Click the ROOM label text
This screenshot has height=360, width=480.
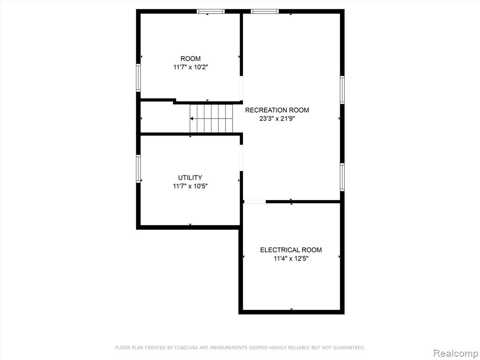[x=190, y=59]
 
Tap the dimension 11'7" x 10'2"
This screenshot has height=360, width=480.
[x=191, y=67]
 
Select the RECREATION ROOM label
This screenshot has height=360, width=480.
[x=277, y=110]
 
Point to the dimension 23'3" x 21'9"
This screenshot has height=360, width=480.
[x=277, y=119]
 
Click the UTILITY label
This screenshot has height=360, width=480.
[x=190, y=178]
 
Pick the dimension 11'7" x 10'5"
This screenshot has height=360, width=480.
[x=190, y=186]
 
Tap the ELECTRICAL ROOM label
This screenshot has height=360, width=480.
[x=291, y=250]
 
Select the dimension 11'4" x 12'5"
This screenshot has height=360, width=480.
[x=291, y=258]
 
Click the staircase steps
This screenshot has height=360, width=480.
[x=211, y=119]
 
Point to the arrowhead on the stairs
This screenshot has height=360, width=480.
[x=192, y=119]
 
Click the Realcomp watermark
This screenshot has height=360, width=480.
[x=455, y=353]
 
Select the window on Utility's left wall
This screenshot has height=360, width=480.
[x=138, y=169]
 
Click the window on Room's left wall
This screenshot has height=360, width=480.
[x=138, y=78]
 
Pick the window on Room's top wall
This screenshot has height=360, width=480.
[x=210, y=11]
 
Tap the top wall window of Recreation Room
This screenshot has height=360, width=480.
[x=265, y=11]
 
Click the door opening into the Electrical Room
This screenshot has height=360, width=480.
[x=255, y=202]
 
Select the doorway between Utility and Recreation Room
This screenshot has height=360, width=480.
[x=241, y=157]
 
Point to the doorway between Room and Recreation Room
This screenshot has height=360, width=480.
[x=241, y=88]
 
